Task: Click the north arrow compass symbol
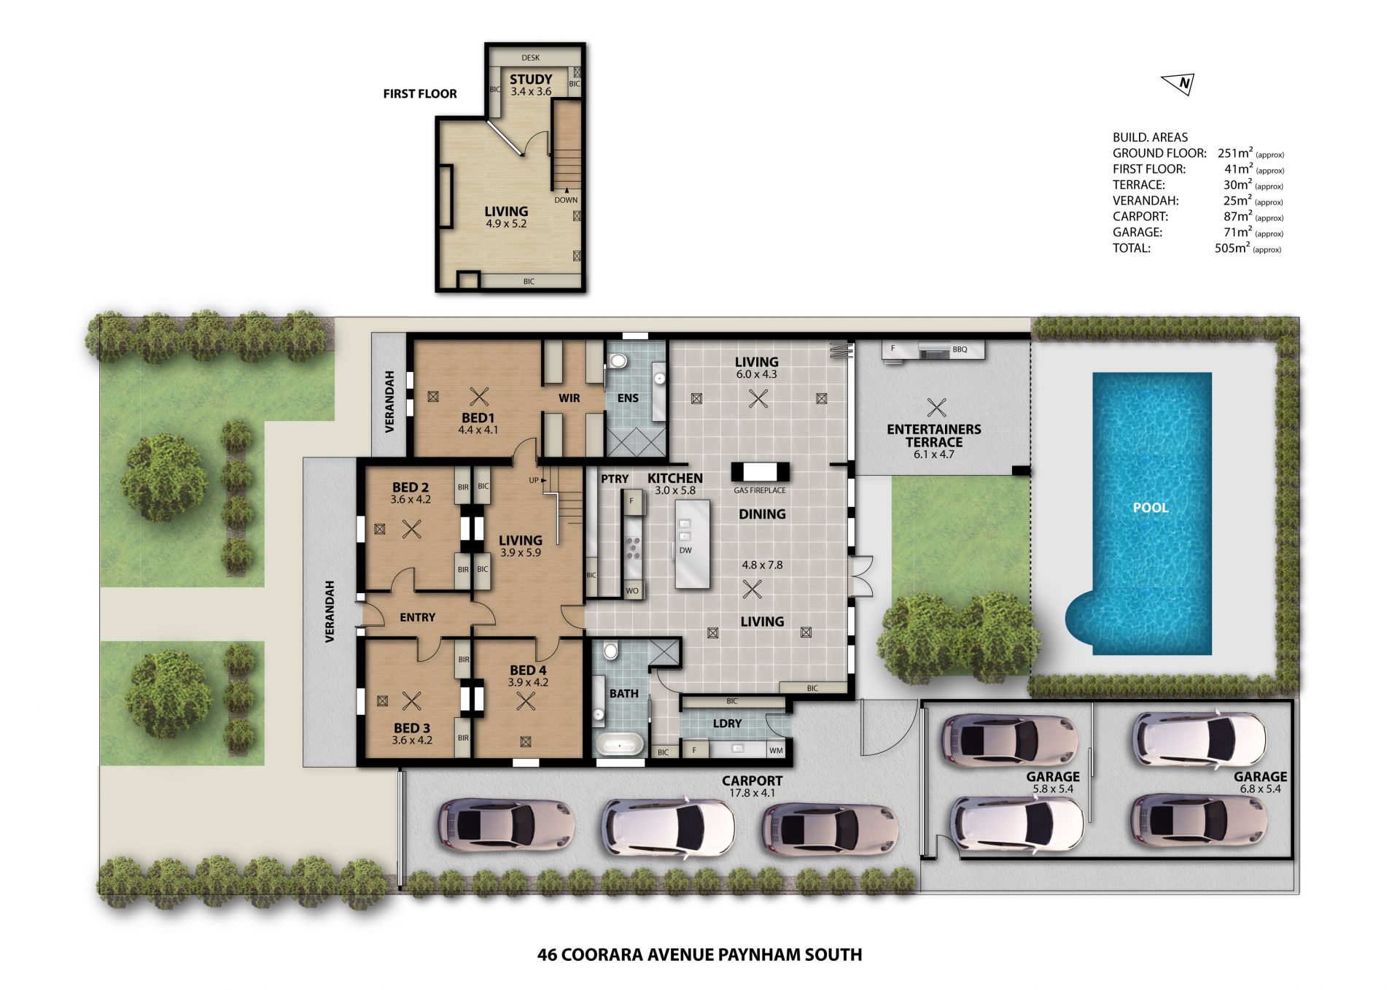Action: point(1178,85)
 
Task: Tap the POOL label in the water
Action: point(1150,508)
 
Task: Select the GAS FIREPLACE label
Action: point(759,491)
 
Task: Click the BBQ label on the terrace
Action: point(960,349)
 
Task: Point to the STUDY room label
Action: point(531,79)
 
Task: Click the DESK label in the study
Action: point(530,58)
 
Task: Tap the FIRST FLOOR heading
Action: point(420,94)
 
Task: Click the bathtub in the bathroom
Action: point(620,745)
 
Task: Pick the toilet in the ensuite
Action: point(618,360)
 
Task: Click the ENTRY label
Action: point(417,617)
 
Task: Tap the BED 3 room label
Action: point(412,728)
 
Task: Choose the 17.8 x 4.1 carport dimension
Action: point(752,793)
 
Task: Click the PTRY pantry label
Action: point(615,479)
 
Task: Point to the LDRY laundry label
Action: point(727,724)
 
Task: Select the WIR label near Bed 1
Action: point(569,398)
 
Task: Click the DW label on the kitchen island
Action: point(685,550)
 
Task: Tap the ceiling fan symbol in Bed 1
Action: point(478,398)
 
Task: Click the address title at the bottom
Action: point(699,955)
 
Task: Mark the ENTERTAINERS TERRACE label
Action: point(934,436)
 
